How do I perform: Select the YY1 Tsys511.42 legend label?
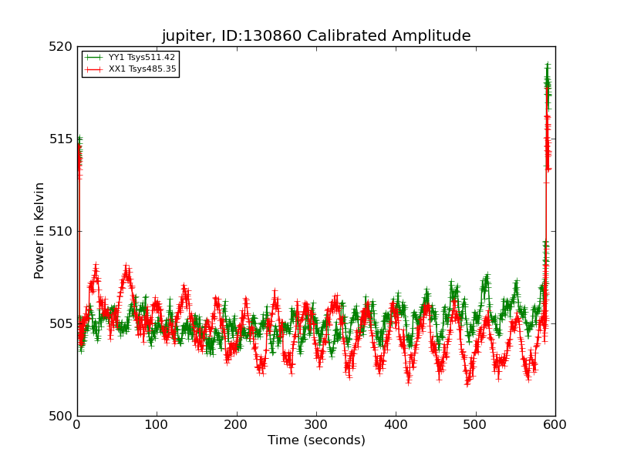click(x=142, y=58)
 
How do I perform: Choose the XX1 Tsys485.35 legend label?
click(x=142, y=69)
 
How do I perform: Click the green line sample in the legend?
click(x=94, y=58)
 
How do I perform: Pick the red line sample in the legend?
click(x=94, y=69)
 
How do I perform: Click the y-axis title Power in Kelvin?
click(x=39, y=230)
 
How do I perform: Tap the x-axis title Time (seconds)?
click(x=316, y=440)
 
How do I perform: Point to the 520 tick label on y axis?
click(x=60, y=47)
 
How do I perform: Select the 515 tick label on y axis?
click(x=60, y=139)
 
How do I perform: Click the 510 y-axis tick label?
click(x=60, y=232)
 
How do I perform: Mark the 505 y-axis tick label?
click(x=60, y=324)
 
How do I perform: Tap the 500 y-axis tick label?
click(x=60, y=416)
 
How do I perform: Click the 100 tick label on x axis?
click(x=157, y=424)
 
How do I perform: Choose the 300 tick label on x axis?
click(x=316, y=424)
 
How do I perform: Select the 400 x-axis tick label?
click(x=396, y=424)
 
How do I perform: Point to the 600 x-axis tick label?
click(x=555, y=424)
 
